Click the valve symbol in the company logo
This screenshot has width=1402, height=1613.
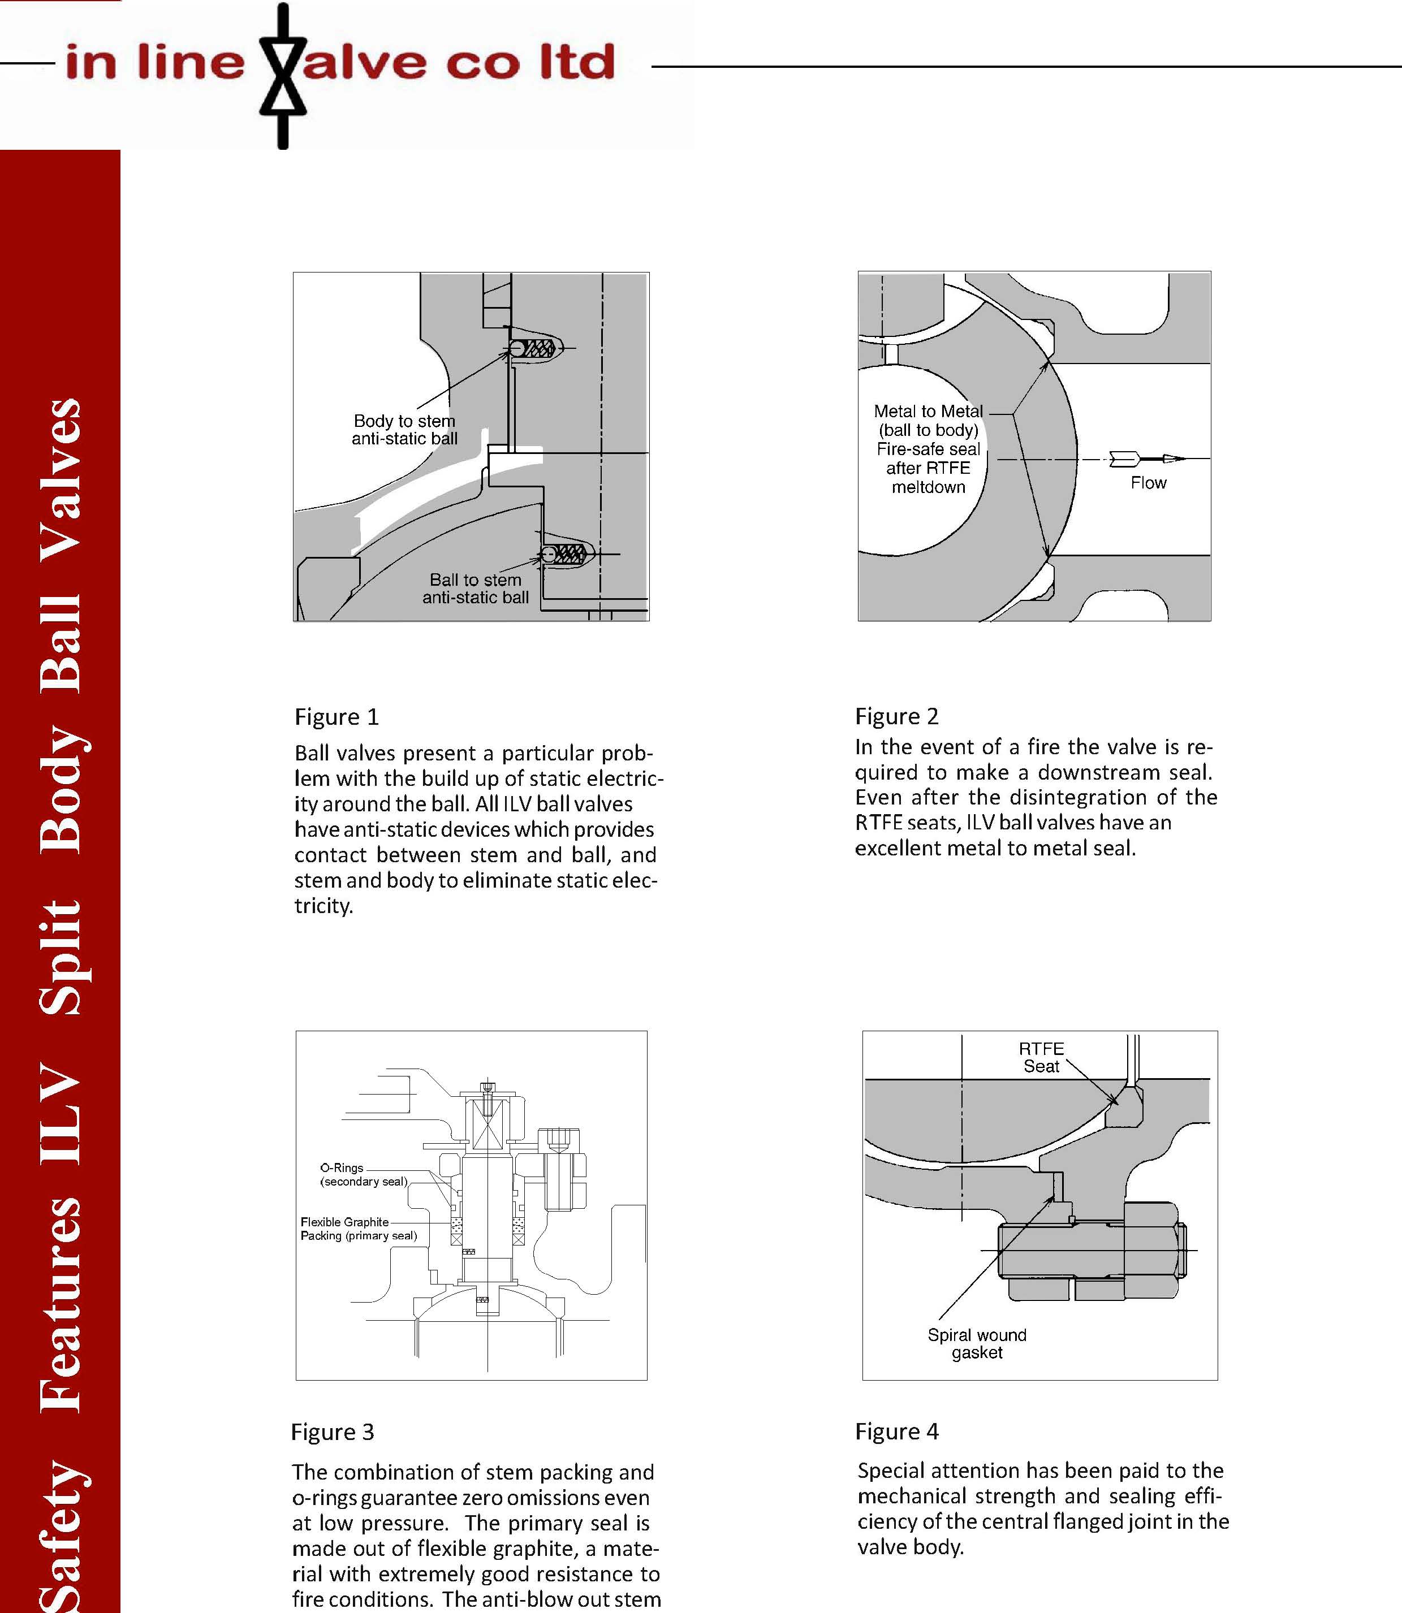[x=282, y=75]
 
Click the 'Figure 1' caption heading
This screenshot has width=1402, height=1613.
[x=337, y=716]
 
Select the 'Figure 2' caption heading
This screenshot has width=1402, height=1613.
[x=896, y=716]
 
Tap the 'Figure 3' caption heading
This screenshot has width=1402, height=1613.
[x=333, y=1432]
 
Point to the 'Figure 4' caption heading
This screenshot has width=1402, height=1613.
[x=896, y=1431]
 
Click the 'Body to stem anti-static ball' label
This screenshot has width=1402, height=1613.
[x=404, y=430]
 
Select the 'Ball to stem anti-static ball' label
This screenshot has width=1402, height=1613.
[x=476, y=588]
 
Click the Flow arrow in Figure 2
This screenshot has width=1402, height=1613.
[x=1147, y=459]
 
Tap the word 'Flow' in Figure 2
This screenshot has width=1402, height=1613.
[x=1148, y=483]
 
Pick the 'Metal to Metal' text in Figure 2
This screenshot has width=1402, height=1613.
[x=928, y=412]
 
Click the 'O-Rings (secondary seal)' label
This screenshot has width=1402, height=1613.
[x=364, y=1174]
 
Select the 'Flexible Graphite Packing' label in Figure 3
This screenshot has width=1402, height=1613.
[x=359, y=1228]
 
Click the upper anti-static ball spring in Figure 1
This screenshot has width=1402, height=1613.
[x=537, y=348]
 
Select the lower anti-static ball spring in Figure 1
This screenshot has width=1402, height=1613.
[x=570, y=555]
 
